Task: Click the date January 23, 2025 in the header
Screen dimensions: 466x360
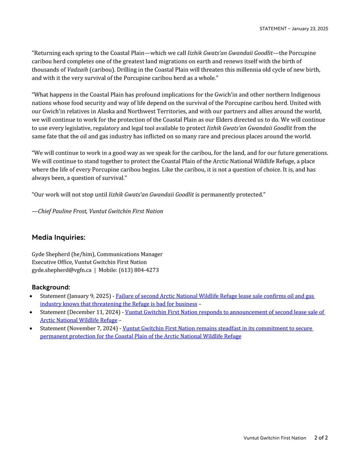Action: [310, 29]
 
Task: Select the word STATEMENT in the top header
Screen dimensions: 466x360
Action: [273, 29]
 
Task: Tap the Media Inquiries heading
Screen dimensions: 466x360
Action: [58, 237]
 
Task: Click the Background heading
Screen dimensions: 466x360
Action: [51, 287]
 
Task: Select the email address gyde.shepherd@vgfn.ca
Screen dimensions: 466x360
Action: [61, 270]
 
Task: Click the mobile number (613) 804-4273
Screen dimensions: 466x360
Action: [139, 270]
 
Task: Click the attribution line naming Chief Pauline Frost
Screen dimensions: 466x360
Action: [97, 211]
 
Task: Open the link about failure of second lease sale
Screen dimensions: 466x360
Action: [215, 296]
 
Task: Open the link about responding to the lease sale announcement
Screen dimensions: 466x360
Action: [225, 312]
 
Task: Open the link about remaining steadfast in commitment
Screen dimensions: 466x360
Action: [217, 329]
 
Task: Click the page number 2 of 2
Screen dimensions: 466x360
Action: [321, 438]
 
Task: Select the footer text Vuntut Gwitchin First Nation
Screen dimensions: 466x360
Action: [275, 438]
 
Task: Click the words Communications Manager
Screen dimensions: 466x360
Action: [130, 254]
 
